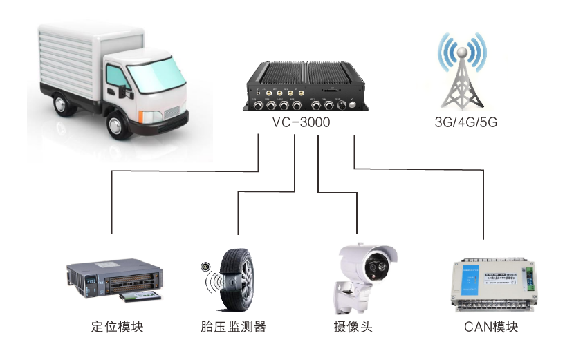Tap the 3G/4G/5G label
466,122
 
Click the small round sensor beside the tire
205,267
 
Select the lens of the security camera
376,267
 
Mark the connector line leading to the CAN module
481,207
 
